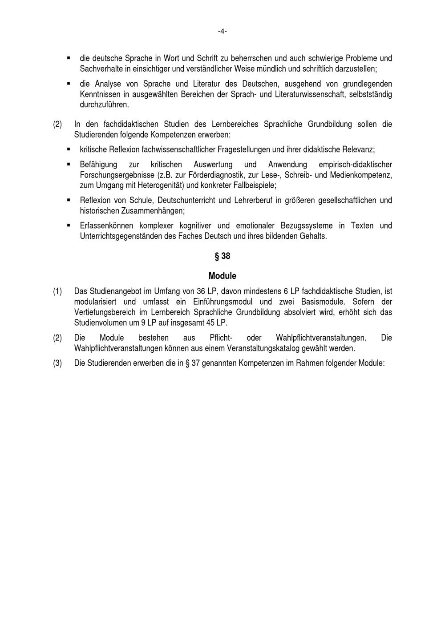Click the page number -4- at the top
tap(222, 31)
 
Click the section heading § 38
tap(222, 256)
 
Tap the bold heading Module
tap(222, 276)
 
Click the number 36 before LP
tap(201, 291)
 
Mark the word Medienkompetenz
tap(361, 175)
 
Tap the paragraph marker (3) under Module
tap(57, 363)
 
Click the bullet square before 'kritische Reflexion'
tap(69, 149)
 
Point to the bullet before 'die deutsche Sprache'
tap(69, 58)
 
